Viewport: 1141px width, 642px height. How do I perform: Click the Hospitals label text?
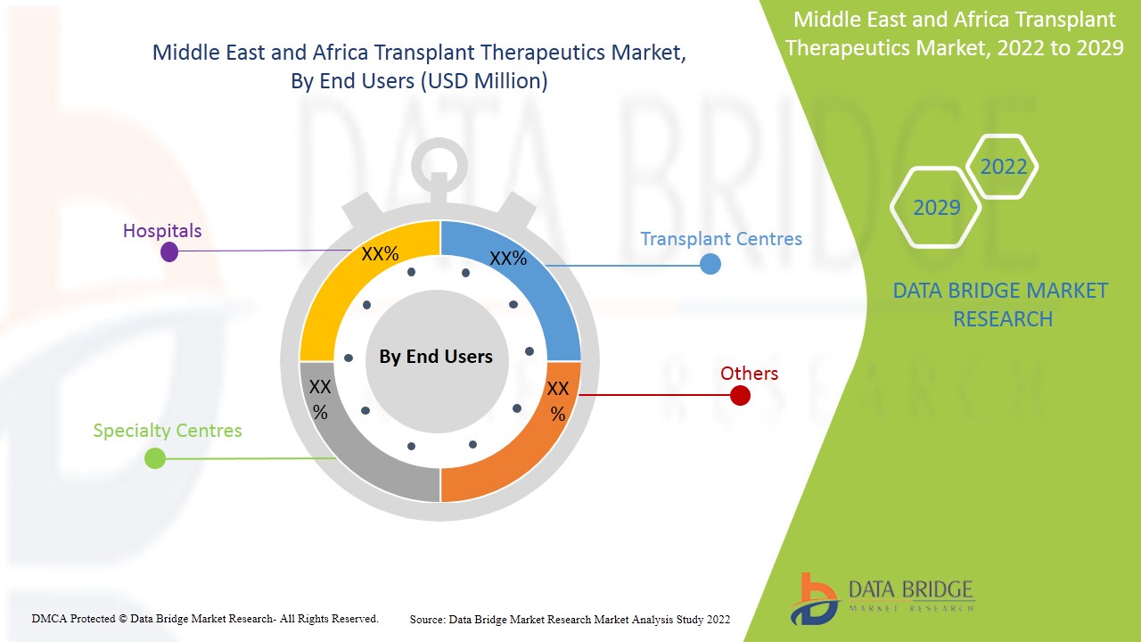point(162,231)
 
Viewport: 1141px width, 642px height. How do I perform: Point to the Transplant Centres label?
point(721,239)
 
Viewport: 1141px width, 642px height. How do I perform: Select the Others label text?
point(749,374)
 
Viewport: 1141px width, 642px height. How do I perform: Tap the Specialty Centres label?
point(168,431)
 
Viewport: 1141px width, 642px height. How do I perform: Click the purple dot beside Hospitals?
point(169,252)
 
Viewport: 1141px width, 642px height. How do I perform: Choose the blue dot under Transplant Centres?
point(710,264)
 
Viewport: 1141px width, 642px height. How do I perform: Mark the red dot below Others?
point(740,395)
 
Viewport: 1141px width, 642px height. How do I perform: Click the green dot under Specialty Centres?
point(155,458)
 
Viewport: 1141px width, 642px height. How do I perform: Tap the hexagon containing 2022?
point(1003,167)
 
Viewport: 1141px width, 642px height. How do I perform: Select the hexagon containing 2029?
point(936,208)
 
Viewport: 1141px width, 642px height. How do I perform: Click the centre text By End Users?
point(436,357)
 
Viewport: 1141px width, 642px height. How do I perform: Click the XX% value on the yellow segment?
point(380,254)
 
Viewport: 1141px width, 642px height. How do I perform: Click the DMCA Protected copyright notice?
point(205,618)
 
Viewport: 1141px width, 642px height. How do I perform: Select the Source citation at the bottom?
point(570,619)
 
